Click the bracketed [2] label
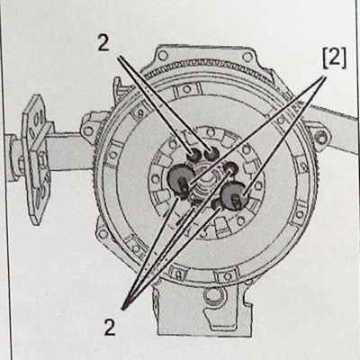334,58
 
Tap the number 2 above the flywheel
103,44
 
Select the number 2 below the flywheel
110,327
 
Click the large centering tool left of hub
180,178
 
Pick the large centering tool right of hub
235,195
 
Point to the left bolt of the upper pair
194,155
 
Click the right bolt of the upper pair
211,154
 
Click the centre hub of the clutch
207,183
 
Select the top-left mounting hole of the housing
163,55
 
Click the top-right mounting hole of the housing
247,57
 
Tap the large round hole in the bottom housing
213,295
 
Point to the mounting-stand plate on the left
36,159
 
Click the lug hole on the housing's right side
321,137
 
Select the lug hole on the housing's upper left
88,131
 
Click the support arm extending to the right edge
333,126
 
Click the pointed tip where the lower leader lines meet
124,307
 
